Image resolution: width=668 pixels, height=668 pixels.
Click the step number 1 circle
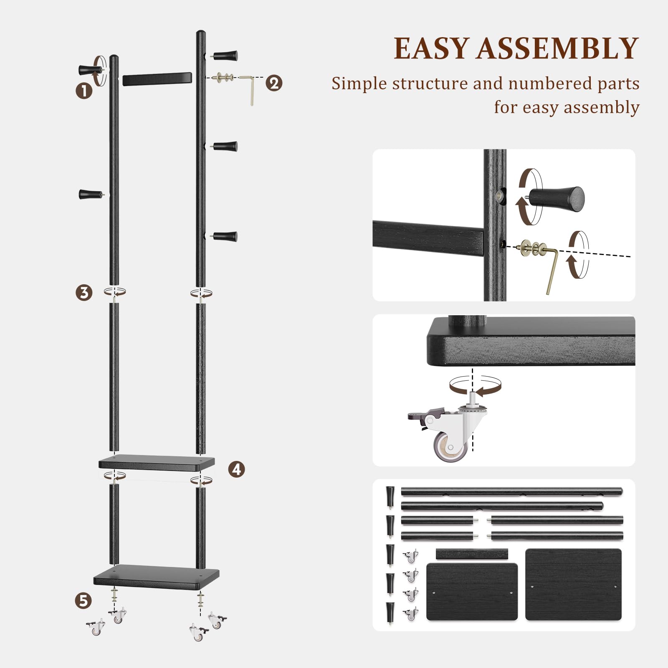coord(84,91)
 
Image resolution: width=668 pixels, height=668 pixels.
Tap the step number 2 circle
coord(274,83)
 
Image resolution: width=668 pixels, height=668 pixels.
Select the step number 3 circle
coord(84,292)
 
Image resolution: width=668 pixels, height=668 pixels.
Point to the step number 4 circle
coord(236,469)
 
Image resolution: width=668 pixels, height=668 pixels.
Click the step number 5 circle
coord(83,600)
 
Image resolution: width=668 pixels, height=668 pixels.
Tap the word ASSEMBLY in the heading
coord(558,48)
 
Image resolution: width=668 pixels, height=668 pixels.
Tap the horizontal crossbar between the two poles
coord(157,79)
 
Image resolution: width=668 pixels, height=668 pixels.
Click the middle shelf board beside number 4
coord(157,463)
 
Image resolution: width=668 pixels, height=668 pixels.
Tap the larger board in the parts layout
coord(573,584)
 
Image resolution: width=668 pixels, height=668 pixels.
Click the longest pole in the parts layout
coord(511,491)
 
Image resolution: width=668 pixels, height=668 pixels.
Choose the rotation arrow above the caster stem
coord(475,385)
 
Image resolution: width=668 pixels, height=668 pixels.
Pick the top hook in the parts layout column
coord(390,496)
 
